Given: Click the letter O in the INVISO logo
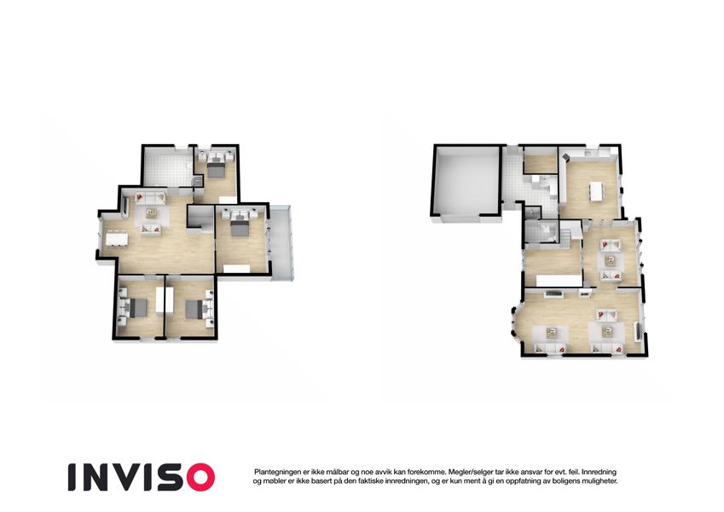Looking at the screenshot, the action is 197,477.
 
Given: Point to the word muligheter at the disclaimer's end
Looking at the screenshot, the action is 599,481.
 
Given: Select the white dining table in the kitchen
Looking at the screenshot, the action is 596,191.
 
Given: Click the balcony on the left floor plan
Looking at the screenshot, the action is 281,242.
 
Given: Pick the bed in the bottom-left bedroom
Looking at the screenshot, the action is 135,308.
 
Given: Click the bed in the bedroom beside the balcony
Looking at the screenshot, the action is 239,224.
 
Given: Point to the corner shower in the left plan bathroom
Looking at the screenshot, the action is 197,181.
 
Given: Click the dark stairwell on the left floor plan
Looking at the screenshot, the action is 200,217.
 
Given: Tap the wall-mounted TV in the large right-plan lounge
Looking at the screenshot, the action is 639,331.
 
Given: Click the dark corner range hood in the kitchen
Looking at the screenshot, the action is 565,159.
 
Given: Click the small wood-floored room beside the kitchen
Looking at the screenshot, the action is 541,163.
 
